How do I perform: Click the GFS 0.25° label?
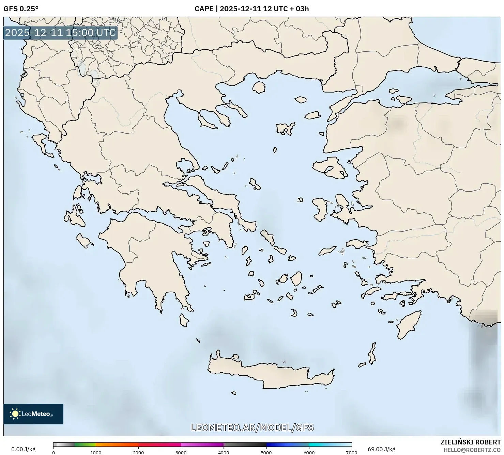[21, 9]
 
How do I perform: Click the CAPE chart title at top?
[251, 9]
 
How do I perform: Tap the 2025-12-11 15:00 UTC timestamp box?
[60, 33]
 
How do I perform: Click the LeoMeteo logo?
[33, 414]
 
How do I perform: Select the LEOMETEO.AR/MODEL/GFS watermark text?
[252, 427]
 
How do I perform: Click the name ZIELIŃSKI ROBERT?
[471, 442]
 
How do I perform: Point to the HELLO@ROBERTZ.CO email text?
[474, 450]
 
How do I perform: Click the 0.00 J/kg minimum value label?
[23, 449]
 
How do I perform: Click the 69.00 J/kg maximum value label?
[381, 449]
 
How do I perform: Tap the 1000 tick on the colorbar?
[96, 452]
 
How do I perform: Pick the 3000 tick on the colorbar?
[181, 452]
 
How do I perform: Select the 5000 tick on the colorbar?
[266, 452]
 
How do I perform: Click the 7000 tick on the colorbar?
[351, 452]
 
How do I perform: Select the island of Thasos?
[259, 87]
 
